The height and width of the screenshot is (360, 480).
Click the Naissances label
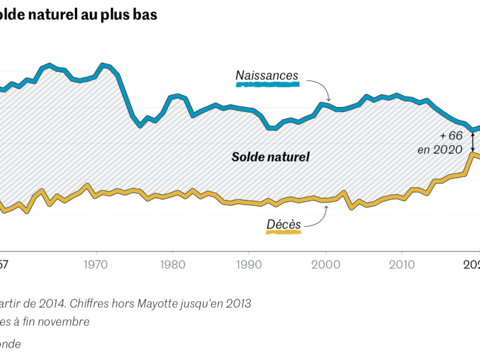266,76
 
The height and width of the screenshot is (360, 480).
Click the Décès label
283,224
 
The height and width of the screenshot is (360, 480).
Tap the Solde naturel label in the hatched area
271,158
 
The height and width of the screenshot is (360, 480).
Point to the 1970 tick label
96,264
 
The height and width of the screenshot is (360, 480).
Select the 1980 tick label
172,264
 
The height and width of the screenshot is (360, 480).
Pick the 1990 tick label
249,264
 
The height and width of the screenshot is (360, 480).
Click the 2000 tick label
326,264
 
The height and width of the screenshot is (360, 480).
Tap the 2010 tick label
403,264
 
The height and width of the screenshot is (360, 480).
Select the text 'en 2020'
440,149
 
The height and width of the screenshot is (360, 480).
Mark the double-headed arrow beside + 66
473,141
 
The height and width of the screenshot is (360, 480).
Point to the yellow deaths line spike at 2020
473,155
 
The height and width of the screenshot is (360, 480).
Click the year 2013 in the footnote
238,303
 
